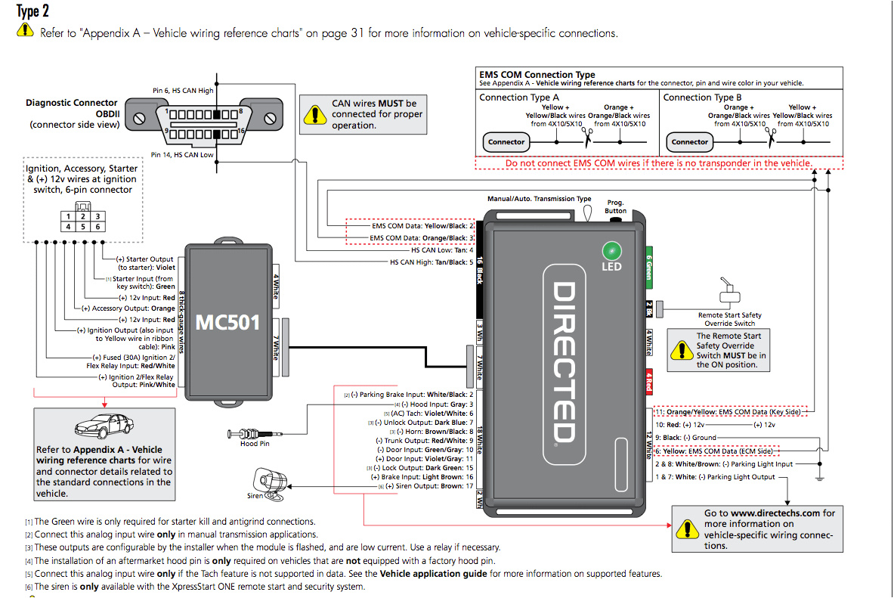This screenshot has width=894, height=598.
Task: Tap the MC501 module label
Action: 227,323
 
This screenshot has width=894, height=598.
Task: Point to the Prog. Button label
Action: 616,206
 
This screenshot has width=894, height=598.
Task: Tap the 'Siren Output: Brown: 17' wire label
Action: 429,486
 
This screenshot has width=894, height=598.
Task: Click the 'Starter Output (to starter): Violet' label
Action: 146,263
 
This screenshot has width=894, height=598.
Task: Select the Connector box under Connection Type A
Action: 506,142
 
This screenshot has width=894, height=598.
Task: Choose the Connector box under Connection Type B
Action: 690,142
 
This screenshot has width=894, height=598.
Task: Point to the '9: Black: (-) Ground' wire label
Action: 685,438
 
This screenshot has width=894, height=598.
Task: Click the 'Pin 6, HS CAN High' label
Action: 182,91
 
